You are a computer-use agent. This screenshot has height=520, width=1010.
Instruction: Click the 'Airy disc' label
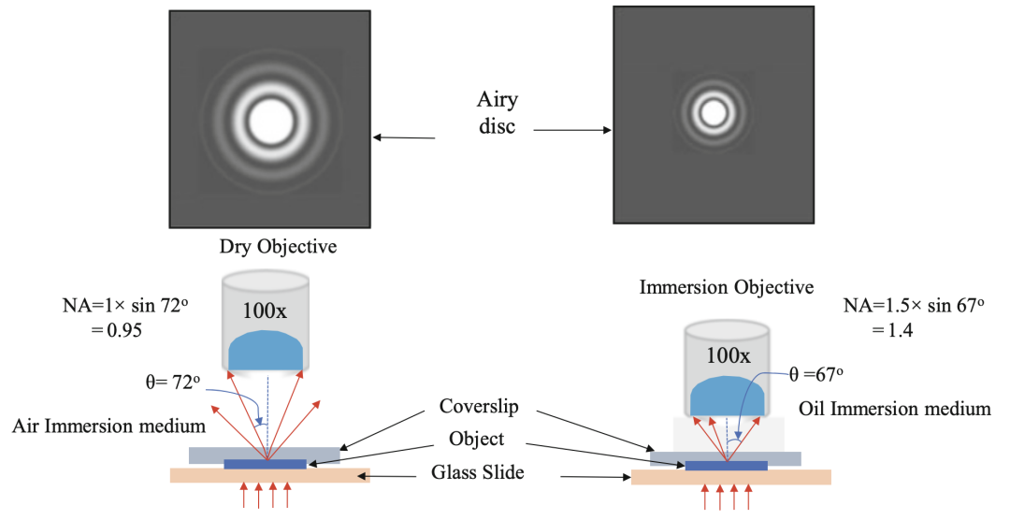pos(497,112)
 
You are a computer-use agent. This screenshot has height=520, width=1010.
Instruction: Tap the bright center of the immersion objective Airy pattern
pos(715,112)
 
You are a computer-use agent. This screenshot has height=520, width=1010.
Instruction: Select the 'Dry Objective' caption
pos(278,247)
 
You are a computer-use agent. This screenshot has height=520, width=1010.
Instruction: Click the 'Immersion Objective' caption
pos(727,287)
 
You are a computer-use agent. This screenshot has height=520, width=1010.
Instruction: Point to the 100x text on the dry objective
pos(267,311)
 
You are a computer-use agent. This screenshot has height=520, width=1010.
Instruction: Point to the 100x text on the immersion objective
pos(728,355)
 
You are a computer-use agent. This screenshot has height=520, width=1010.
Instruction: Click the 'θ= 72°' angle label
pos(169,383)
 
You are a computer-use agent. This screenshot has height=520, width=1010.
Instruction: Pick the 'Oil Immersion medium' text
pos(895,409)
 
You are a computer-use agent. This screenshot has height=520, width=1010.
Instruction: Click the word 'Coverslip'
pos(478,408)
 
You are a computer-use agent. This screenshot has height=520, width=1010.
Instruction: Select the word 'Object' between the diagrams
pos(478,438)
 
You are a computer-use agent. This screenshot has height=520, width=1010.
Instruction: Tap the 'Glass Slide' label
pos(479,473)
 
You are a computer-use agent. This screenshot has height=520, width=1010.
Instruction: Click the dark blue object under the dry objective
pos(266,464)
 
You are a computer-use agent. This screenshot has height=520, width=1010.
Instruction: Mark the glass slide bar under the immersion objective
pos(730,478)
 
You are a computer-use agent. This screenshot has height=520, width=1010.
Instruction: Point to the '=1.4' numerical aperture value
pos(894,331)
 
